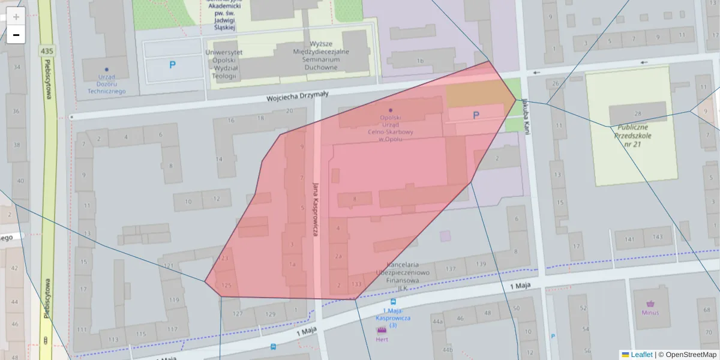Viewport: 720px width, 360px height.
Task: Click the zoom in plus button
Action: tap(16, 17)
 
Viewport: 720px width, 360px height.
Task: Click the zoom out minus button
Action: tap(16, 35)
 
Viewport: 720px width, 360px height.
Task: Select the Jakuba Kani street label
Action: tap(526, 116)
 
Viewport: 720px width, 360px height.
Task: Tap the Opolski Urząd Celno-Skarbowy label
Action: tap(390, 128)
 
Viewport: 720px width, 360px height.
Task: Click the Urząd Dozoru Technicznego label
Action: tap(106, 84)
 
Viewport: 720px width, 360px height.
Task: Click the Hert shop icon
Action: tap(381, 331)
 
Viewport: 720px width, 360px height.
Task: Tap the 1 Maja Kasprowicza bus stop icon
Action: tap(393, 302)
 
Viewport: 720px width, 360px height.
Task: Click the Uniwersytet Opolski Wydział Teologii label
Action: tap(224, 64)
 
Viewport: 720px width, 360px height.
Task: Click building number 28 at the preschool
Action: tap(637, 114)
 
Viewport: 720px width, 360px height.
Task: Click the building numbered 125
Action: tap(226, 285)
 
